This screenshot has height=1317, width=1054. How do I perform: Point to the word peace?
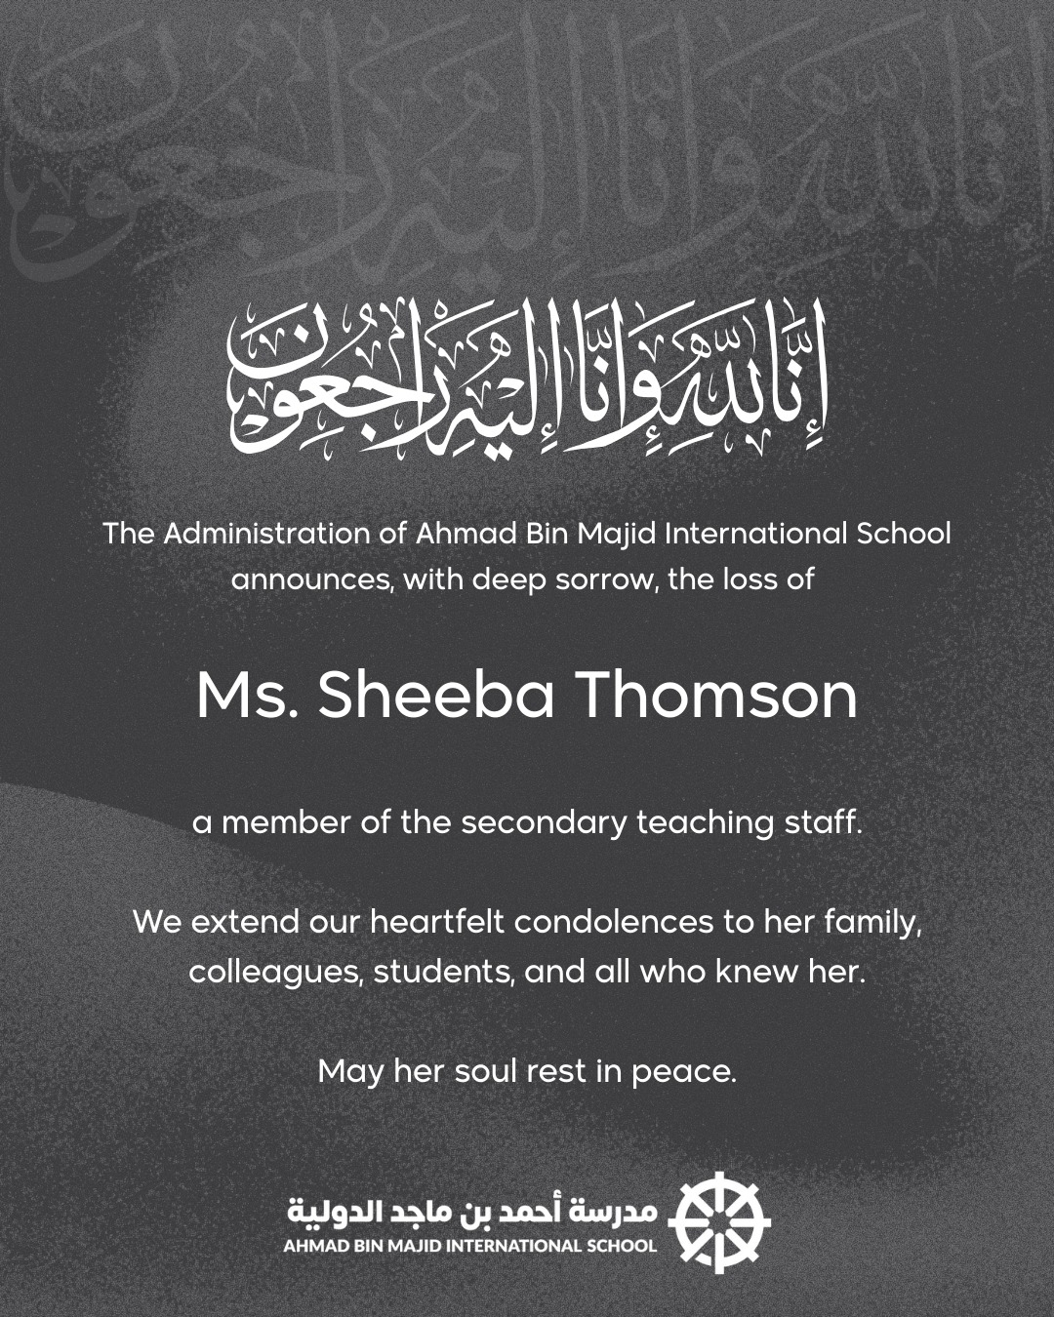683,1072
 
